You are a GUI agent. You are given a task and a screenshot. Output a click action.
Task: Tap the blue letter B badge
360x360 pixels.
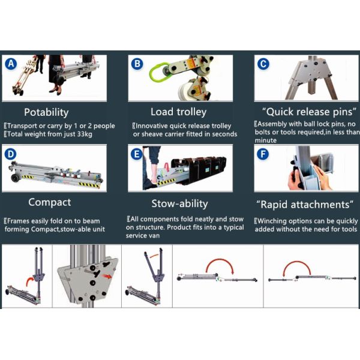137,64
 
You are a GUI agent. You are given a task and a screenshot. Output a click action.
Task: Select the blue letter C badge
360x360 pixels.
262,63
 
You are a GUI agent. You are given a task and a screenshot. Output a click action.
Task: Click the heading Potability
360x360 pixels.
46,112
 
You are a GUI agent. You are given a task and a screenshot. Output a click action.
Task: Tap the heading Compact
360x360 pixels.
49,202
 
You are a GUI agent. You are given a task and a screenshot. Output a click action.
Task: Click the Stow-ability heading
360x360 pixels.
179,203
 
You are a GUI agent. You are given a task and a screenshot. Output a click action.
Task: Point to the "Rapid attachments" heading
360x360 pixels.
304,205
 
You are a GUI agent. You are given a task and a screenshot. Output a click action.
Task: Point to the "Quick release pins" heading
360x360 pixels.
304,112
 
